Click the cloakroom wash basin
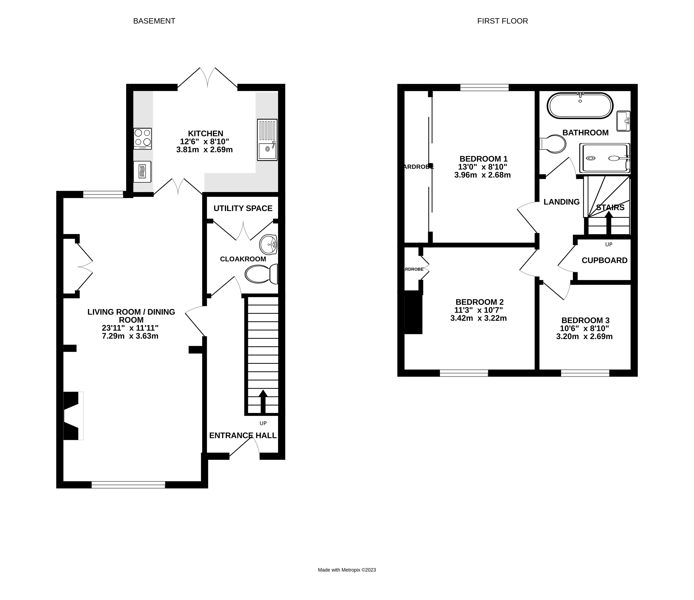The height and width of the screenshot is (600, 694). pyautogui.click(x=268, y=245)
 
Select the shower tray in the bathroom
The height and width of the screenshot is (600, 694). pyautogui.click(x=605, y=158)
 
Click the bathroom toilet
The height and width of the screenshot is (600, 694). pyautogui.click(x=553, y=144)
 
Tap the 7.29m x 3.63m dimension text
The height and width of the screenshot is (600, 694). pyautogui.click(x=130, y=336)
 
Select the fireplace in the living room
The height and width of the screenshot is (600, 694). pyautogui.click(x=72, y=415)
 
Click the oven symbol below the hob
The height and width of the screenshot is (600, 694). pyautogui.click(x=142, y=172)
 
